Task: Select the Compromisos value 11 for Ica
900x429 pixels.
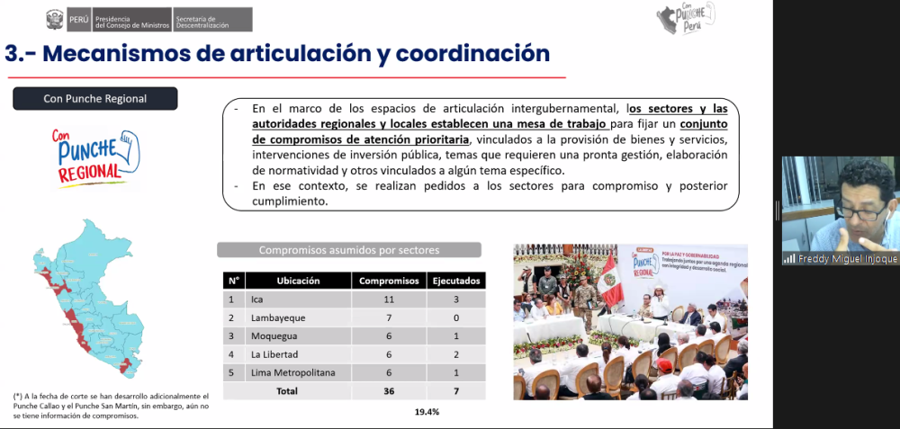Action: (389, 299)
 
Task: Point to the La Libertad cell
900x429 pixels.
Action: (273, 354)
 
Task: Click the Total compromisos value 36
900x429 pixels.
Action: (389, 391)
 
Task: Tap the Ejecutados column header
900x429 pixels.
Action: (454, 281)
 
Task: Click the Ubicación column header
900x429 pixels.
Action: (298, 281)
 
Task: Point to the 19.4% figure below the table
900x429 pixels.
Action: (427, 412)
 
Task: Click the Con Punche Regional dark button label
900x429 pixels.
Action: (94, 99)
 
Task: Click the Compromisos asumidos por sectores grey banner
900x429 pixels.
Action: (348, 250)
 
